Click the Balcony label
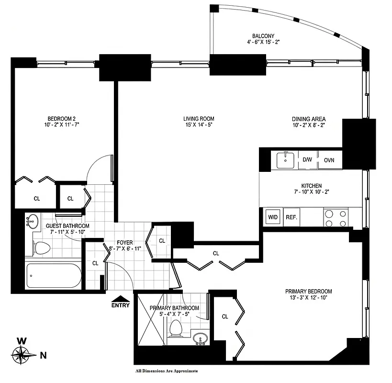[x=263, y=35]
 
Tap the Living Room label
[x=198, y=119]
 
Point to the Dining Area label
[x=309, y=119]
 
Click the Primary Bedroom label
[x=308, y=291]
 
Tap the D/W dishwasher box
[x=307, y=160]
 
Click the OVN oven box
[x=329, y=160]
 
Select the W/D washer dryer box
[x=273, y=217]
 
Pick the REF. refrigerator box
[x=292, y=217]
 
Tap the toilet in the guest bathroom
[x=42, y=248]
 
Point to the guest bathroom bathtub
[x=53, y=275]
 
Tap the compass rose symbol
[x=21, y=355]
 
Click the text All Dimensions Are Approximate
[x=167, y=371]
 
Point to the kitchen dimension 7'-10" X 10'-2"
[x=311, y=192]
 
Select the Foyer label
[x=124, y=243]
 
